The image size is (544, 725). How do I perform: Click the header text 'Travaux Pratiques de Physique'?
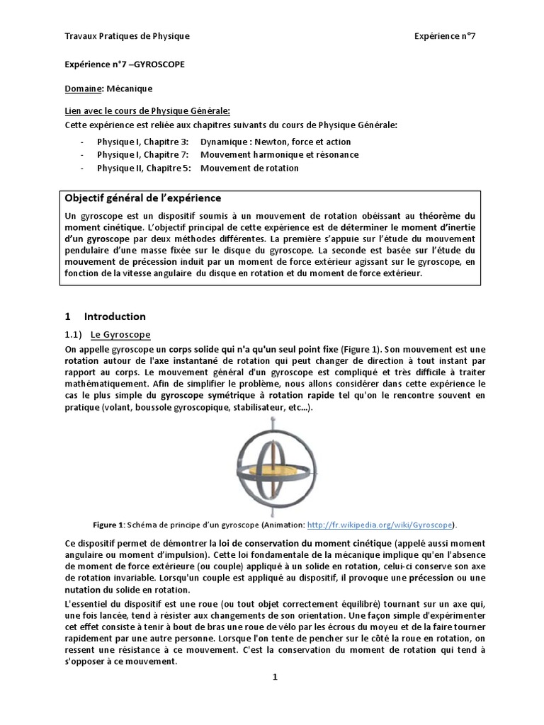tap(127, 36)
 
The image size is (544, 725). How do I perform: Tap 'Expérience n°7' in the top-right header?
tap(445, 36)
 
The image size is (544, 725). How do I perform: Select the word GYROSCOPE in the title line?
tap(159, 63)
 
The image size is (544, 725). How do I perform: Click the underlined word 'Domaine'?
tap(84, 89)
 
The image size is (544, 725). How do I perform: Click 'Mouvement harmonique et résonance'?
tap(279, 154)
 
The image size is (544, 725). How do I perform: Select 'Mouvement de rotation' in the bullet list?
tap(249, 168)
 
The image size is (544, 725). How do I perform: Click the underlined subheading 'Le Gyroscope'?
tap(120, 334)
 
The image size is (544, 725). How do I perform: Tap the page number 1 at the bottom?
tap(276, 677)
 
